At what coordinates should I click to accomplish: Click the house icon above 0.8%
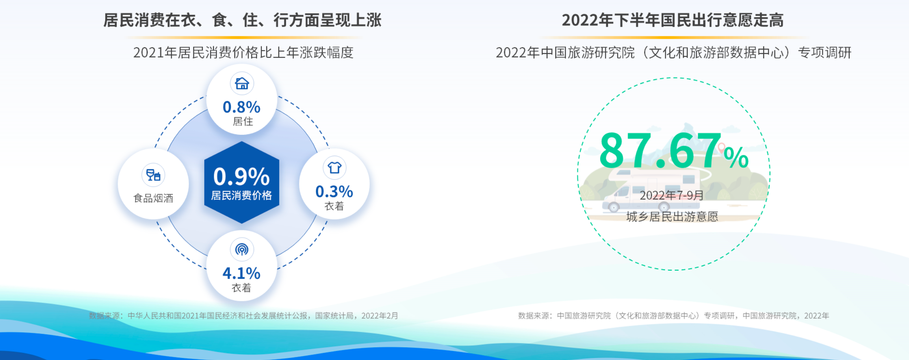242,84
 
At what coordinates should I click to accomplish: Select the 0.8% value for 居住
241,107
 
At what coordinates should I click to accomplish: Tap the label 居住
243,121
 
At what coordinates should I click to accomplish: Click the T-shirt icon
334,168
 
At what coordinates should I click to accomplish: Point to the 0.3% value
334,191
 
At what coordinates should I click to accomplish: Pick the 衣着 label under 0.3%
334,206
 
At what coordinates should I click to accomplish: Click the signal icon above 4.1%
242,249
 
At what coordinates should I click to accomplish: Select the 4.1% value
241,273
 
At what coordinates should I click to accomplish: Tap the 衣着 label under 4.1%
241,288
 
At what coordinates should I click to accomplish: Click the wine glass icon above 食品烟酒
153,175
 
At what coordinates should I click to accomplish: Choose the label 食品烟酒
153,198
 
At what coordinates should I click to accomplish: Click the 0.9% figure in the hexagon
241,176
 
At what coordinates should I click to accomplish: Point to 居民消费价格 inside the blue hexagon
241,195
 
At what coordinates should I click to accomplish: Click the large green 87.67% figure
673,151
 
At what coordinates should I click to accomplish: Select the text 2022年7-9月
672,195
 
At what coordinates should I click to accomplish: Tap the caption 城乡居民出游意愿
672,217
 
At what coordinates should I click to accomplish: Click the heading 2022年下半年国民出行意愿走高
673,20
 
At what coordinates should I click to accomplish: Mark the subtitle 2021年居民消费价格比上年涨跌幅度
243,52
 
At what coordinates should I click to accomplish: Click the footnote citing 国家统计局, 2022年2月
243,316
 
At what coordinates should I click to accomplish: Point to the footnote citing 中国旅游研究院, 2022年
673,316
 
